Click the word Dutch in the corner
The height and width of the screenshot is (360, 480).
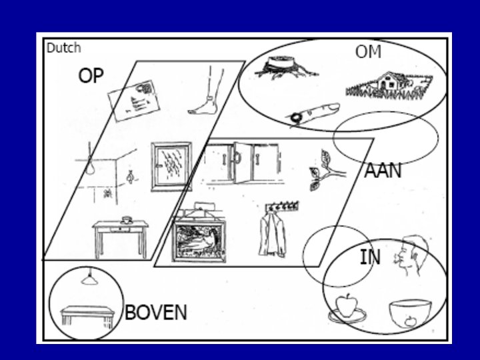[64, 48]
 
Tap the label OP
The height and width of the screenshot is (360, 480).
[91, 75]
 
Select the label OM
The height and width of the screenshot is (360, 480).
[368, 52]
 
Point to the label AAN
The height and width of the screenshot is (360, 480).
[383, 171]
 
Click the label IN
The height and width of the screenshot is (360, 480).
[370, 257]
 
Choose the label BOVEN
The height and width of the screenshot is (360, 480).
[156, 313]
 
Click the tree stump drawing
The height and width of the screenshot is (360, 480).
[285, 67]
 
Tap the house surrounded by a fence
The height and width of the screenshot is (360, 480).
[389, 85]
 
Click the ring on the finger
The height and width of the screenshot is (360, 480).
[296, 117]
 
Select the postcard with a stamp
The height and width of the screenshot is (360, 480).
[134, 101]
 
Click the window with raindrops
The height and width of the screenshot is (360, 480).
[171, 167]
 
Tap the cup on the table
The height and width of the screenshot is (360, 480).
[127, 220]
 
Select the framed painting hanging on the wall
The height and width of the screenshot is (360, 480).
[199, 241]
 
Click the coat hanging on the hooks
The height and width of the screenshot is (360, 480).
[273, 235]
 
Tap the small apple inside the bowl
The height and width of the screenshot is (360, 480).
[410, 322]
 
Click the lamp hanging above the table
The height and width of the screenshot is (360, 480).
[89, 279]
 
